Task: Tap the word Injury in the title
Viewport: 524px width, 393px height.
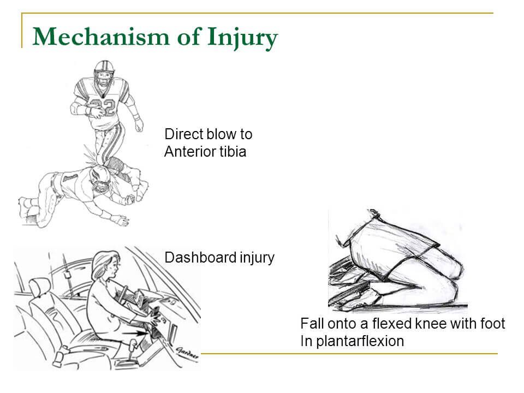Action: tap(242, 38)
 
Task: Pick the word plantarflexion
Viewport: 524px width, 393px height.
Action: tap(360, 341)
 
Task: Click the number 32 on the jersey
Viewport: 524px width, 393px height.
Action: tap(104, 106)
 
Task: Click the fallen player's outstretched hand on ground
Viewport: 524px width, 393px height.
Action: tap(120, 220)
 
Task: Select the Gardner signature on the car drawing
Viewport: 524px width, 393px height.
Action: tap(187, 352)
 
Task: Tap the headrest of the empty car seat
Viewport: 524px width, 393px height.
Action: tap(40, 287)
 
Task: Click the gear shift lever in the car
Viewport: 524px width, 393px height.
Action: tap(132, 349)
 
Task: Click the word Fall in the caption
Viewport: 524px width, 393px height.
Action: tap(312, 324)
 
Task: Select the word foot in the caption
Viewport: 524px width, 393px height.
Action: tap(492, 324)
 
